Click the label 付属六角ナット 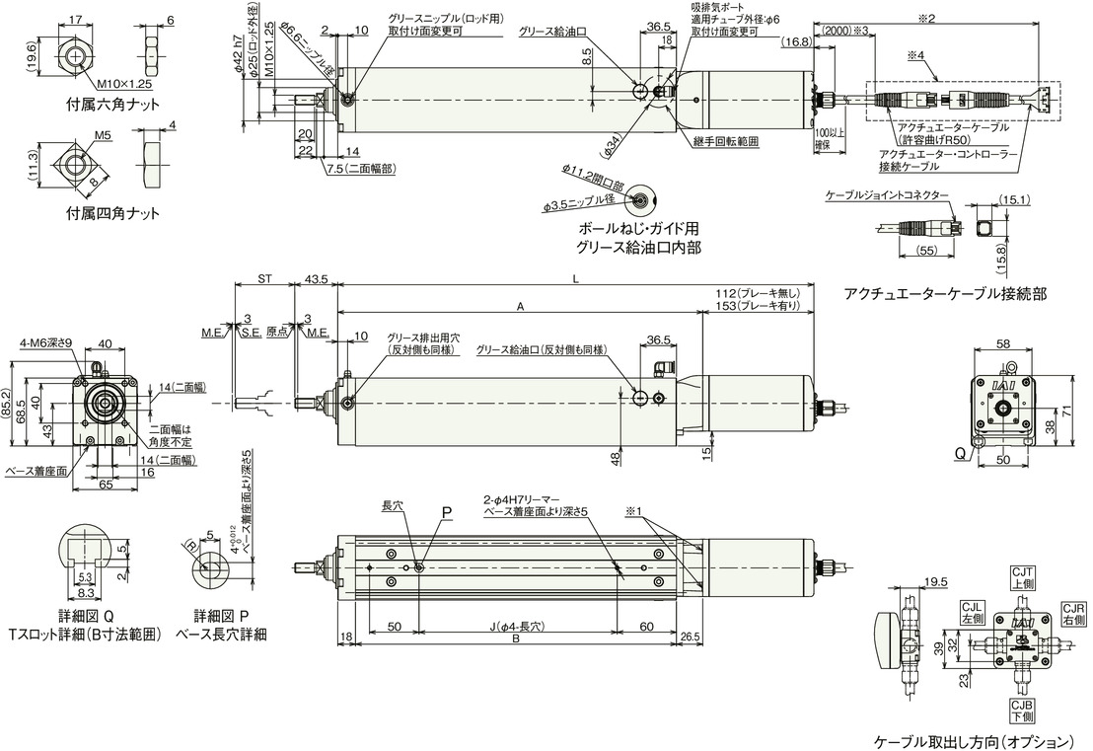112,104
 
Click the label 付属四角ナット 112,212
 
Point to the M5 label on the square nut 102,135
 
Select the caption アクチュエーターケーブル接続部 944,293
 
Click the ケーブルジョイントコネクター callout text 887,195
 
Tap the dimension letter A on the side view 520,307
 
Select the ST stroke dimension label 264,279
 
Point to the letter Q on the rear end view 959,455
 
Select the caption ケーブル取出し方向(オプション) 972,740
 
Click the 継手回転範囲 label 726,141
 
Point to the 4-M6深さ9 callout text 46,342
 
